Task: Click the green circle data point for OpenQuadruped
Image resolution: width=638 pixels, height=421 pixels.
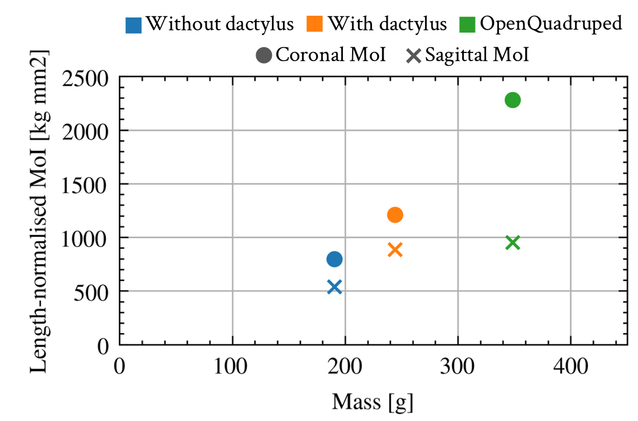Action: pos(512,100)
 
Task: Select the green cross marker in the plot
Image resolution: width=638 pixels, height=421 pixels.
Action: pos(512,243)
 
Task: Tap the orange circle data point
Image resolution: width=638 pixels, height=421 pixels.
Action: pos(395,215)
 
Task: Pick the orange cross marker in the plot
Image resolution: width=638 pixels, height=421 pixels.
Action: pos(395,250)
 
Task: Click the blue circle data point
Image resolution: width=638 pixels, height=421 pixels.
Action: pos(334,259)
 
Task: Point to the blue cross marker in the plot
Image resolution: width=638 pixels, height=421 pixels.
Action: pos(334,286)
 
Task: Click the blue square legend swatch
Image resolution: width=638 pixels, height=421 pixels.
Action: pos(133,25)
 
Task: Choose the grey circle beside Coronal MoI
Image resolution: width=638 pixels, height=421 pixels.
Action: pos(264,56)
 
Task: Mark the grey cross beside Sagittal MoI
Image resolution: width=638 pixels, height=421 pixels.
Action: pos(413,56)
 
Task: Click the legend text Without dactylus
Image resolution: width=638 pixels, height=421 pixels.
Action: pos(219,24)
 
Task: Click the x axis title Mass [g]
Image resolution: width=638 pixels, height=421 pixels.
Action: pos(373,402)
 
